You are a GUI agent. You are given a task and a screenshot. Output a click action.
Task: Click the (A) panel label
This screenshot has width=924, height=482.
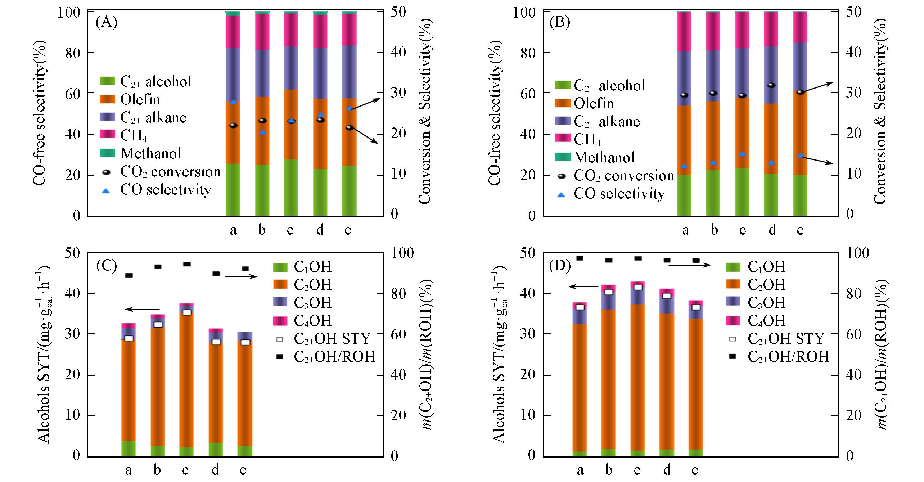coord(106,22)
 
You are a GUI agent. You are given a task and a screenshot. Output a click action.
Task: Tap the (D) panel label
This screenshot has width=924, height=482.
coord(560,266)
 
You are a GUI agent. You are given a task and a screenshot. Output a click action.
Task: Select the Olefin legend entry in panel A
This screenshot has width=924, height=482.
coord(140,99)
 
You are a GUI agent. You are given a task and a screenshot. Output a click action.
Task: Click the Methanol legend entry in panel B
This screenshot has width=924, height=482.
coord(604,157)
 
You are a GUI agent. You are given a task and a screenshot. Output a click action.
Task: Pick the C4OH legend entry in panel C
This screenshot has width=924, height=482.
coord(312,320)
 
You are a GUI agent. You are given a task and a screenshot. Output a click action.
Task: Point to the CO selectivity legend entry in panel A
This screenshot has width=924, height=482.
coord(166,190)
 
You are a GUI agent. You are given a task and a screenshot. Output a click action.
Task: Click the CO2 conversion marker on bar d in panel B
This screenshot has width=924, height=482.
coord(771,85)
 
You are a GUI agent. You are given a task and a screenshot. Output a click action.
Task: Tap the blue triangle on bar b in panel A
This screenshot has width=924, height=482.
coord(262,132)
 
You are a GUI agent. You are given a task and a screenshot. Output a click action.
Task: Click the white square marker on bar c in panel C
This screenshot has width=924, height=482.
coord(187,312)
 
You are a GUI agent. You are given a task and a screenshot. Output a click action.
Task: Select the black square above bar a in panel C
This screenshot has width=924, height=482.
coord(129,275)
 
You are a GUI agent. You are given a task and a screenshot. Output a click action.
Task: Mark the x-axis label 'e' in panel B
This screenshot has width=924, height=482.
coord(800,230)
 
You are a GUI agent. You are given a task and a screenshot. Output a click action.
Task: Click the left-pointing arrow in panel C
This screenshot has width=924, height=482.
coord(143,309)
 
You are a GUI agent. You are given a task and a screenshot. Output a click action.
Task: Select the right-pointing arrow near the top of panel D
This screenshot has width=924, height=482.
coord(689,265)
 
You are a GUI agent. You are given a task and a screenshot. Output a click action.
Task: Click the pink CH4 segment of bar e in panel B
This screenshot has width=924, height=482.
coord(800,27)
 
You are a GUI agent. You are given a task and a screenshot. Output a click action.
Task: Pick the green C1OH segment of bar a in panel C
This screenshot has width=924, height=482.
coord(129,449)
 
